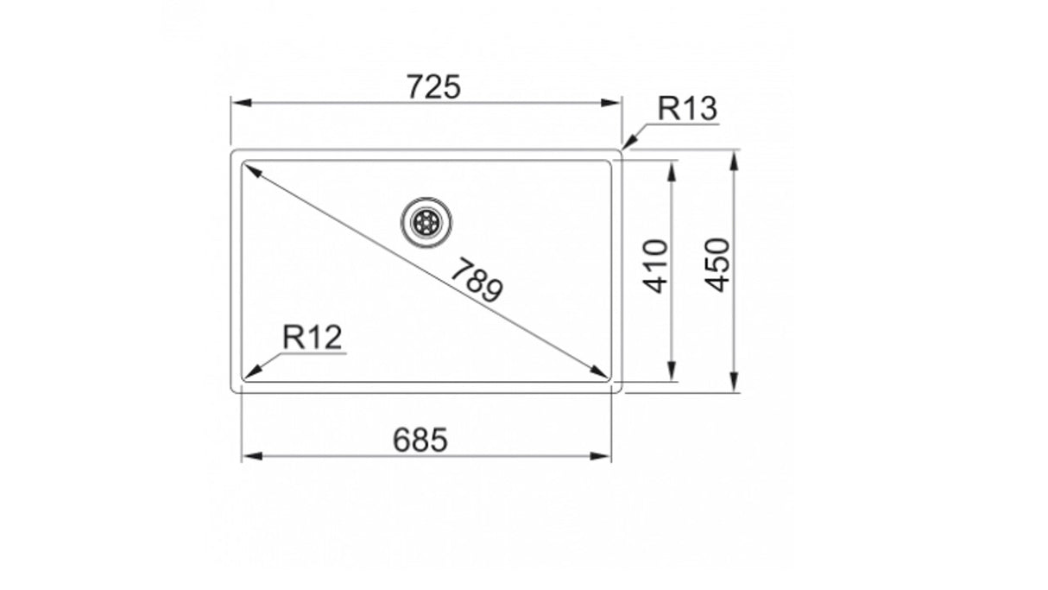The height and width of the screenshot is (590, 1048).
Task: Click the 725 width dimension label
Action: [435, 86]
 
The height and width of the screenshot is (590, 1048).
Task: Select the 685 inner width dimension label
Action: [420, 441]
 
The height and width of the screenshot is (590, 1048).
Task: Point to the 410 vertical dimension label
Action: [656, 266]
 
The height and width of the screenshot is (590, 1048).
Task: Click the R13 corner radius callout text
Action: [687, 109]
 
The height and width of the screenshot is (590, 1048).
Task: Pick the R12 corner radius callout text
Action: [313, 338]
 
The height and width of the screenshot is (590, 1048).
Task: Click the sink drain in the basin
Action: [426, 222]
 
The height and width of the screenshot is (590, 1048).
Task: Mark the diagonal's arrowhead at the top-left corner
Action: [251, 170]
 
